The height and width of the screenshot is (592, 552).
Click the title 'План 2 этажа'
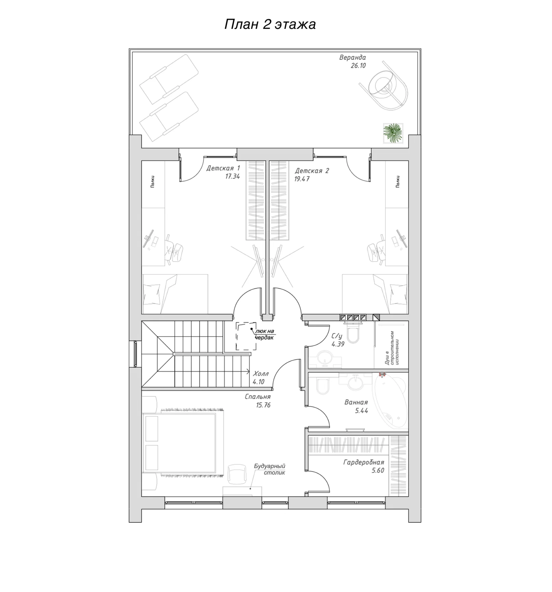coord(270,24)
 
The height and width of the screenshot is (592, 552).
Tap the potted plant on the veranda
coord(393,133)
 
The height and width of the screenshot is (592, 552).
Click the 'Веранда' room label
coord(352,57)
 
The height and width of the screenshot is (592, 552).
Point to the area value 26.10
coord(358,66)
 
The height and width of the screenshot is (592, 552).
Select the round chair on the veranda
coord(384,85)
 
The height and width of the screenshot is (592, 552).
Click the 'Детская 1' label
coord(223,168)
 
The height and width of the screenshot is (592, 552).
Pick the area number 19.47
coord(302,179)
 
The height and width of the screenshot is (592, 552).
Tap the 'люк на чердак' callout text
coord(264,334)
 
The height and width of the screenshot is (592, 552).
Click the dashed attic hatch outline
coord(246,336)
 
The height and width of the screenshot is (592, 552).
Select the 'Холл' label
coord(260,374)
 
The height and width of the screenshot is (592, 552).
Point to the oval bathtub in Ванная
coord(390,400)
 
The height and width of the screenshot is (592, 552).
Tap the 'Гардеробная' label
coord(363,462)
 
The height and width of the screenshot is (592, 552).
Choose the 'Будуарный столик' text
coord(269,469)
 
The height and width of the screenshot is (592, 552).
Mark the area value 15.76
coord(263,405)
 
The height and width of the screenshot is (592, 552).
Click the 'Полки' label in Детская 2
coord(398,181)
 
